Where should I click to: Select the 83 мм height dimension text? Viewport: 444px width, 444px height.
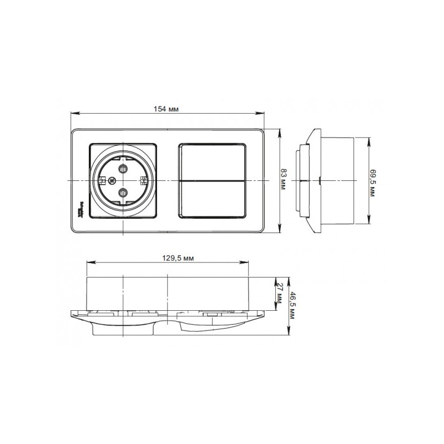click(x=284, y=181)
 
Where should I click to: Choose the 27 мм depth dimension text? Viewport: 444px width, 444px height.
click(x=280, y=291)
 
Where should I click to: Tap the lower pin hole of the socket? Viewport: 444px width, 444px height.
click(x=122, y=194)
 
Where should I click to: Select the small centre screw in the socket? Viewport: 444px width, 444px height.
click(x=113, y=180)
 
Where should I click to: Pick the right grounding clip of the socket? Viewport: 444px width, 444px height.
click(x=143, y=180)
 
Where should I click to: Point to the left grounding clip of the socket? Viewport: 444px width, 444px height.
click(x=102, y=180)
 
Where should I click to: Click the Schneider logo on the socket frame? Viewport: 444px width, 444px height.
click(x=83, y=208)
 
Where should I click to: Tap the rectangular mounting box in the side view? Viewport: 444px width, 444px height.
click(x=337, y=180)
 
